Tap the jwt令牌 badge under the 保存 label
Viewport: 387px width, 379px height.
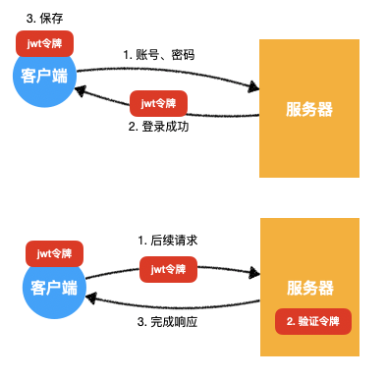(44, 43)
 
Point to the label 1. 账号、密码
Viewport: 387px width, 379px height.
(158, 55)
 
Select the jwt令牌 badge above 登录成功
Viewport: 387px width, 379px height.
(158, 102)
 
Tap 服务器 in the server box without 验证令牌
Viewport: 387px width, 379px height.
(309, 110)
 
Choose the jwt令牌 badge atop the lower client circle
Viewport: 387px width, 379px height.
(55, 254)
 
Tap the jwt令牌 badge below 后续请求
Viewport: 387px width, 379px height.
(168, 267)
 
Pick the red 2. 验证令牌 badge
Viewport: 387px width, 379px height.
(313, 321)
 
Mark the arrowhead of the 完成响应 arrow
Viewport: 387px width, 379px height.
(90, 297)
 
